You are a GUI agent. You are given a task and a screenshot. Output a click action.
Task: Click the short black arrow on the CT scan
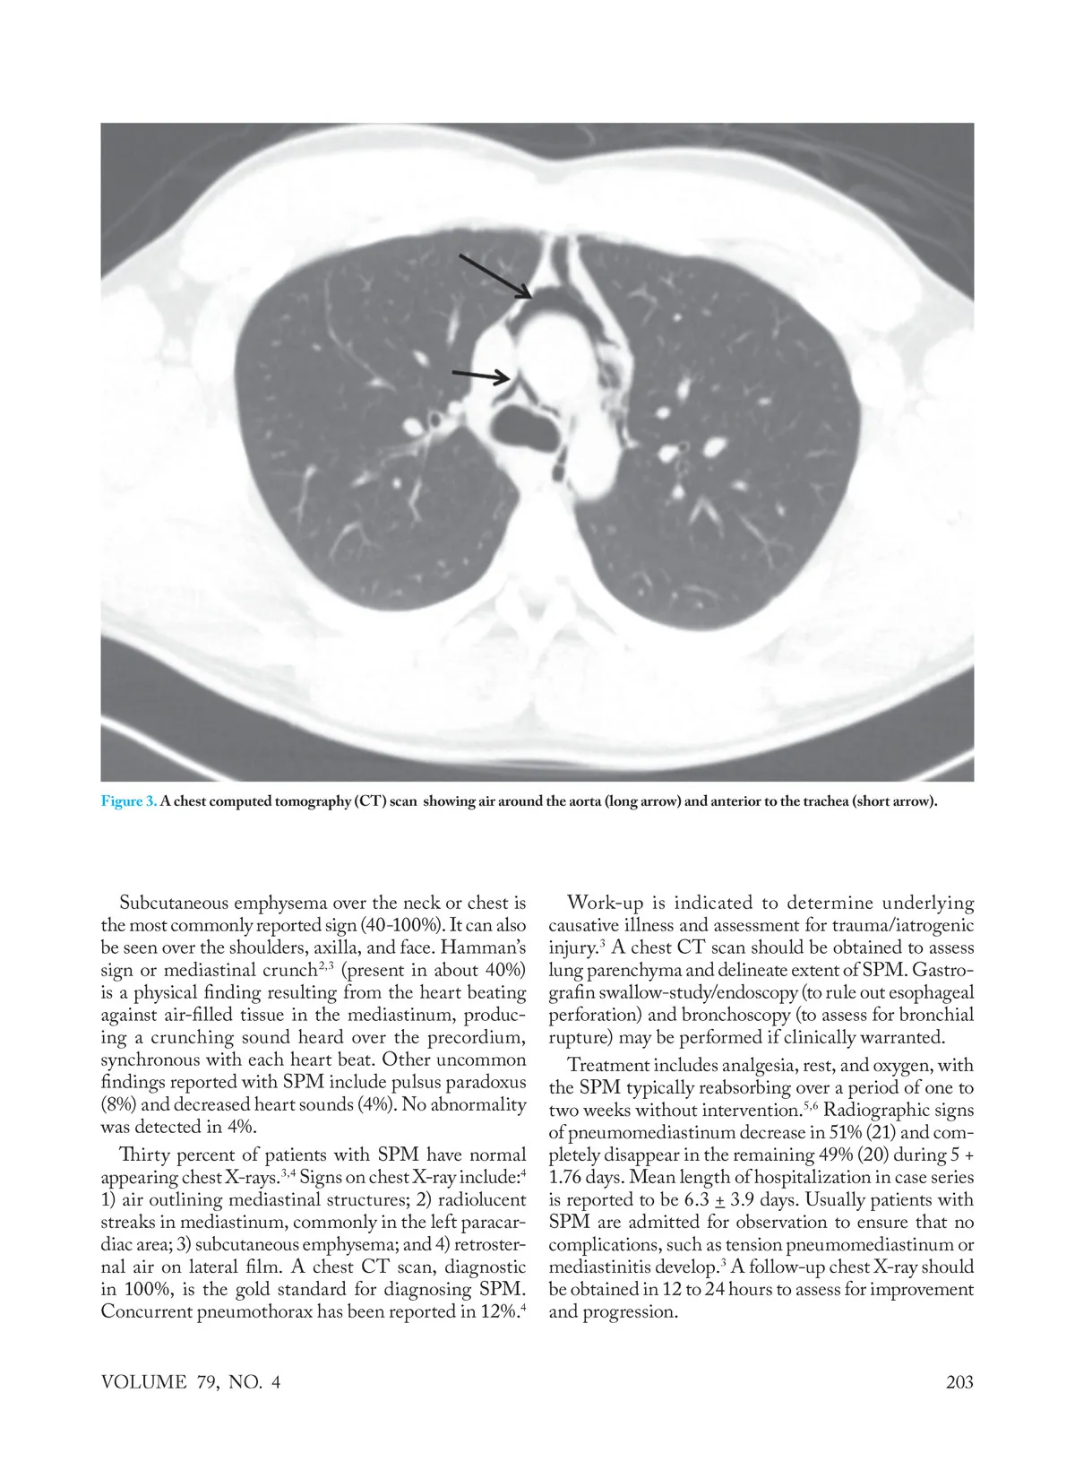tap(479, 375)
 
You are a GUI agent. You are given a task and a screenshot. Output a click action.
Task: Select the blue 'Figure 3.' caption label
tap(129, 800)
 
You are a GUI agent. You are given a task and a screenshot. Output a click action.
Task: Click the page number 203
tap(959, 1381)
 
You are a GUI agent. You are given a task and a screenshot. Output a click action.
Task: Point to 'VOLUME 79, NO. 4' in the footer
tap(191, 1381)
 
